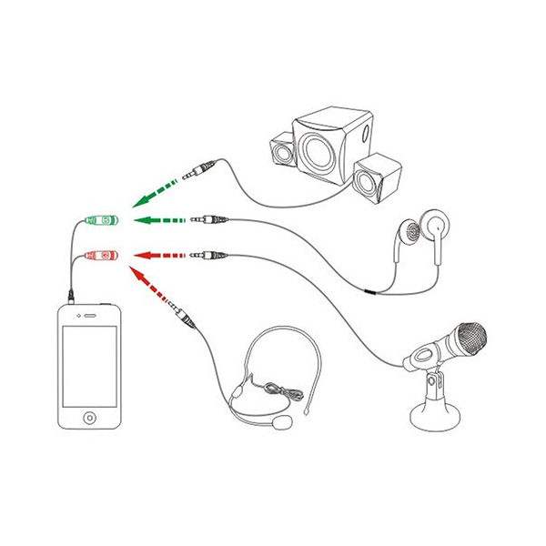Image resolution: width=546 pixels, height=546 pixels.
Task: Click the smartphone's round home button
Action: (x=89, y=418)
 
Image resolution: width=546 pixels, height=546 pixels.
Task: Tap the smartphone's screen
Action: (x=89, y=365)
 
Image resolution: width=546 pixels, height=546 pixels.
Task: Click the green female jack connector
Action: (x=99, y=220)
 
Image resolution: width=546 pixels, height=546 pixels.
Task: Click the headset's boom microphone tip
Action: (x=286, y=424)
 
